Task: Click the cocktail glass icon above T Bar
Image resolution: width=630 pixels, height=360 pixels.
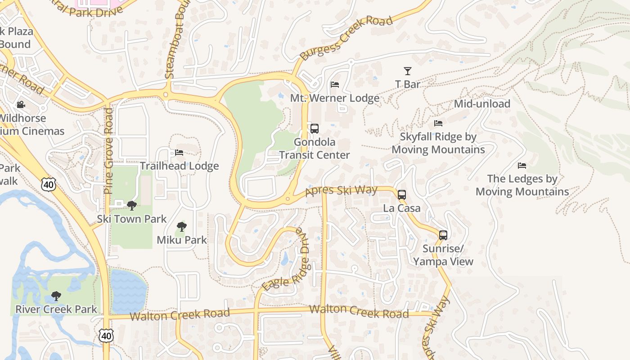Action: coord(407,71)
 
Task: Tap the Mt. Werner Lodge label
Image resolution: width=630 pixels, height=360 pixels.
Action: coord(334,98)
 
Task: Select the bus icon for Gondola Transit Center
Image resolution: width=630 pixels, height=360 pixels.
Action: coord(315,129)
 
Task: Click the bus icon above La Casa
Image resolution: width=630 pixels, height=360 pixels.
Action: coord(402,195)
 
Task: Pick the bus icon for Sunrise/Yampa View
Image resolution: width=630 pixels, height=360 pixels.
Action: coord(443,235)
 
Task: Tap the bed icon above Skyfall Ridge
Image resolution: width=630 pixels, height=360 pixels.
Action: coord(438,123)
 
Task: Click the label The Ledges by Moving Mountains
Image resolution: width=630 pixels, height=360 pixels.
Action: coord(522,185)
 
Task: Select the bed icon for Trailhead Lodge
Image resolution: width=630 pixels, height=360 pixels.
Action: coord(179,153)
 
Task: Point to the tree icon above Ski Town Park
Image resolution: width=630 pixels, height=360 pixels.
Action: coord(132,206)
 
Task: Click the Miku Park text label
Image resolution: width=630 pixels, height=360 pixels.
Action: coord(182,240)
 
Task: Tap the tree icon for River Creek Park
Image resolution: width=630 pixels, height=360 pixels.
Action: coord(56,296)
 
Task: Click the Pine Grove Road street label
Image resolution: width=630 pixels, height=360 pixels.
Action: coord(108,151)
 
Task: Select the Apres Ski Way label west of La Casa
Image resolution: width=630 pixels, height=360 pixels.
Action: coord(341,191)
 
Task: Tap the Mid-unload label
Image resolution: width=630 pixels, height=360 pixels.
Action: coord(482,104)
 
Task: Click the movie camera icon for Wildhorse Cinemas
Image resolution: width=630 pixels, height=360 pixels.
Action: coord(21,105)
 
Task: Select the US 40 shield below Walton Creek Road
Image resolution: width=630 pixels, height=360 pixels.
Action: coord(107,335)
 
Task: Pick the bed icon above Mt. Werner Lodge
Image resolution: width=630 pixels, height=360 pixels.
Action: coord(335,85)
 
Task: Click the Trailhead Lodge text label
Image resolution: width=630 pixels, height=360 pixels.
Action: coord(179,166)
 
